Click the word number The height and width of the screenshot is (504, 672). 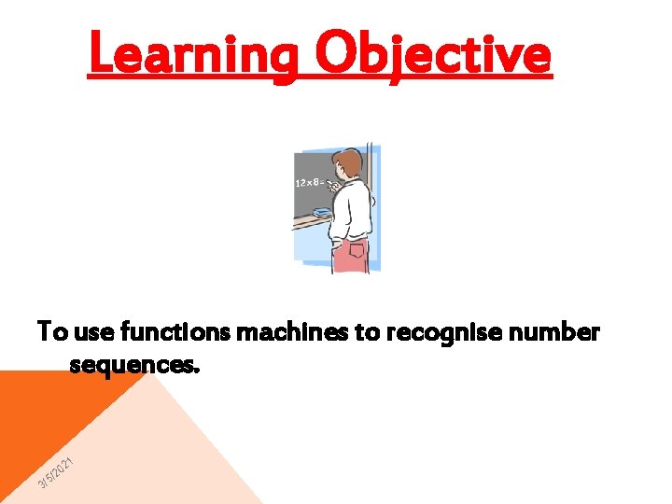[557, 331]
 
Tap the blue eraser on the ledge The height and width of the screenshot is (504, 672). [321, 214]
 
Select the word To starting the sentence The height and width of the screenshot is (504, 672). [52, 331]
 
